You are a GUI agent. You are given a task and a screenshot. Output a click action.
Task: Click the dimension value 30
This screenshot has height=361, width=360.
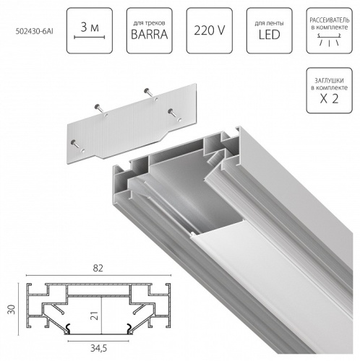tap(10, 306)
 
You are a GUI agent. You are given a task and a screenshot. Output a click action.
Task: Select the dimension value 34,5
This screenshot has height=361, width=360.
tap(99, 349)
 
